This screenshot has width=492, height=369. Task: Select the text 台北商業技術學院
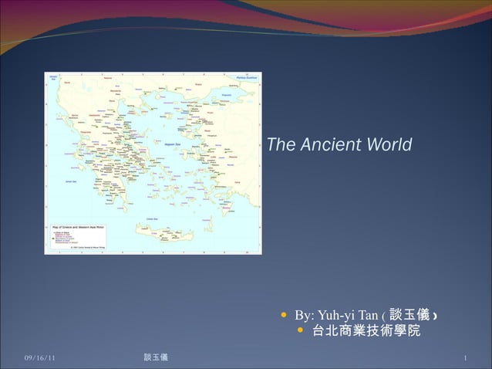coord(366,333)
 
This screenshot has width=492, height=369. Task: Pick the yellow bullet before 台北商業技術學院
coord(302,332)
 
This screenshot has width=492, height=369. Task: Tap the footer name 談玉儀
coord(157,357)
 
